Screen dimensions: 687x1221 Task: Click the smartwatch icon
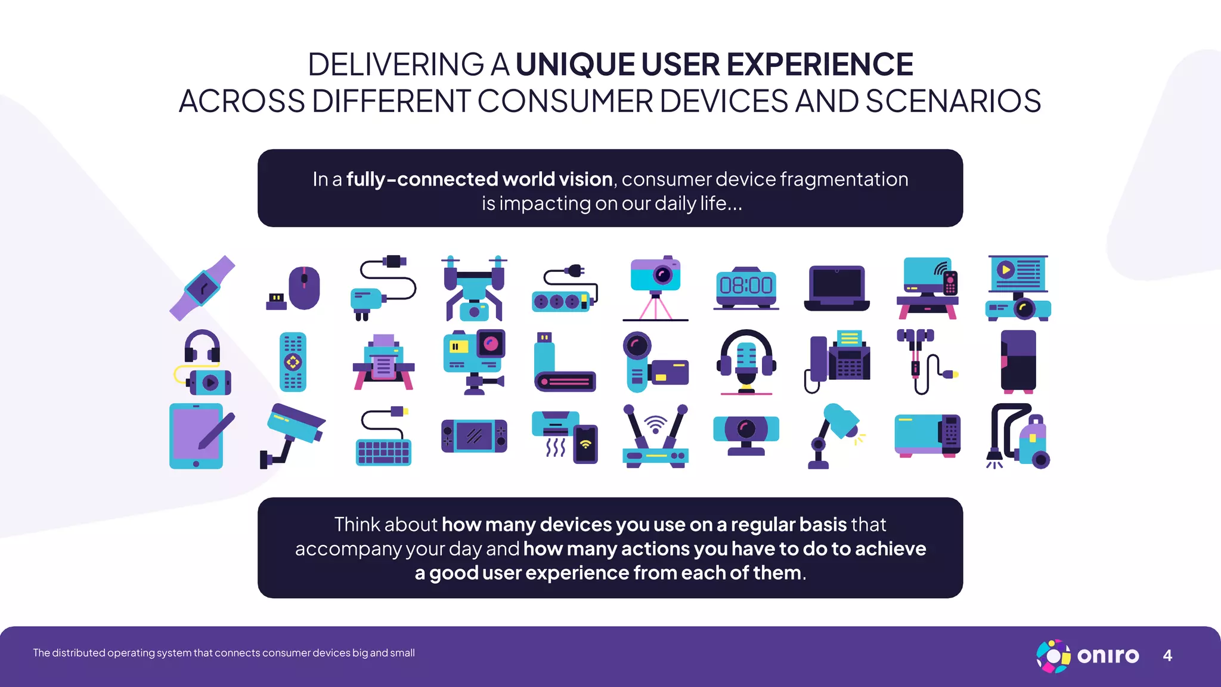tap(202, 288)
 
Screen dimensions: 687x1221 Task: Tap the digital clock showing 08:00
tap(746, 287)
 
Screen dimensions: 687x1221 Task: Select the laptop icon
tap(836, 288)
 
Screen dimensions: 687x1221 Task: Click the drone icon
tap(475, 288)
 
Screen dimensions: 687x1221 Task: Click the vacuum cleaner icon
tap(1018, 437)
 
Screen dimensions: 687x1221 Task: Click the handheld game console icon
tap(474, 436)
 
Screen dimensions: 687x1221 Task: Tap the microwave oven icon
tap(927, 436)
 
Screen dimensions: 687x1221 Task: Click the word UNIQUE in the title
tap(575, 64)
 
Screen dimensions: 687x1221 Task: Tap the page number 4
tap(1167, 655)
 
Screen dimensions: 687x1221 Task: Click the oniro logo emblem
tap(1053, 656)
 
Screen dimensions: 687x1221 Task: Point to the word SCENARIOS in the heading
tap(953, 101)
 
